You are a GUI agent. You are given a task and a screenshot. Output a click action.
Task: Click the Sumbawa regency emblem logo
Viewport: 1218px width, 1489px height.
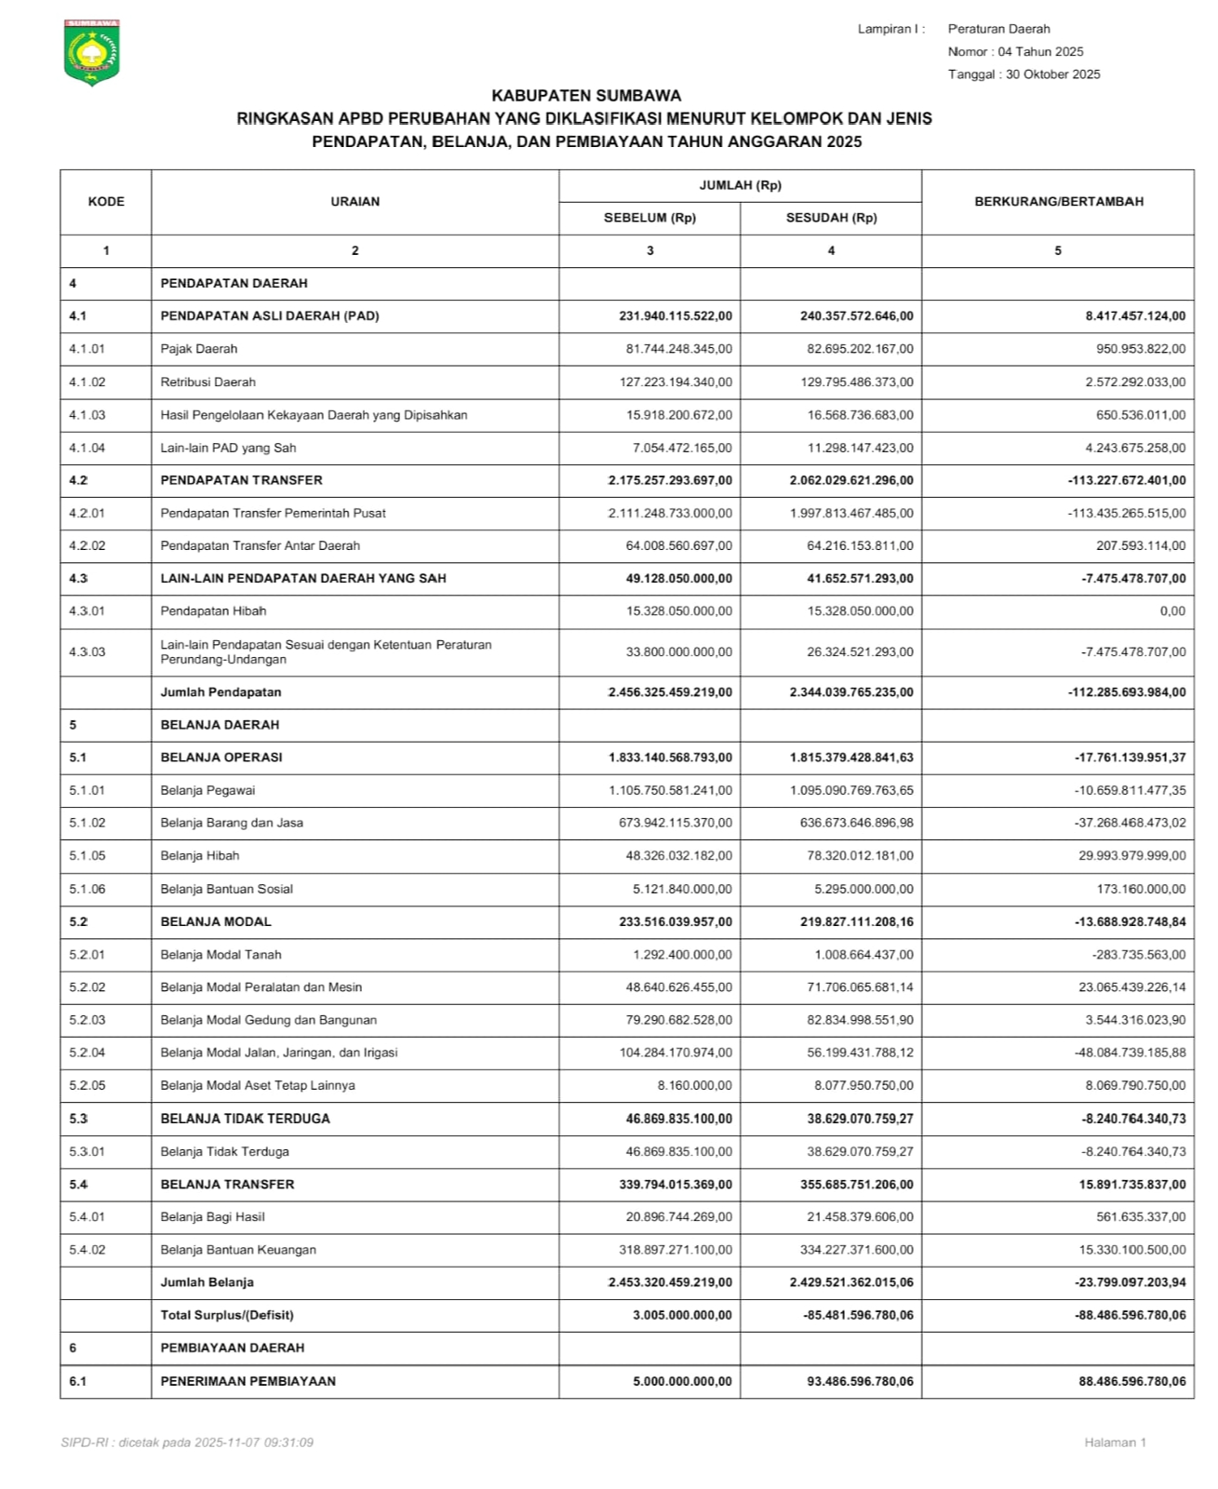coord(91,52)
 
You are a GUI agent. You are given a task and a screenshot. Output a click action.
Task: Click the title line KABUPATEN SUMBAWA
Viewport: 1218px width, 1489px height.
coord(585,96)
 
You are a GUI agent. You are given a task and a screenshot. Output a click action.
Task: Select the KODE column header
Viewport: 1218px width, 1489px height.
coord(106,202)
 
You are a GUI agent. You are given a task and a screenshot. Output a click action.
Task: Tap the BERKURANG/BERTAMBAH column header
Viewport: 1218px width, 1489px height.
coord(1058,202)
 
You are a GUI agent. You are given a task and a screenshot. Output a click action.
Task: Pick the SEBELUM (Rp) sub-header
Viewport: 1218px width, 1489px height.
coord(649,219)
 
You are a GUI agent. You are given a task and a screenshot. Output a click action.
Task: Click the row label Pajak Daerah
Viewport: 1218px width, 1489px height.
coord(198,349)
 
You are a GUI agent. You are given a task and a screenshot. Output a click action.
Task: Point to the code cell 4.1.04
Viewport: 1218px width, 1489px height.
coord(87,448)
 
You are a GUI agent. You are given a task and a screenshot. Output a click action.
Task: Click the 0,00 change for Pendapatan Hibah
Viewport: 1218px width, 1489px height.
coord(1172,611)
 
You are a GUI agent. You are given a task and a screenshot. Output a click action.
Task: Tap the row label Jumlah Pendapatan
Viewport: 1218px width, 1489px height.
coord(221,692)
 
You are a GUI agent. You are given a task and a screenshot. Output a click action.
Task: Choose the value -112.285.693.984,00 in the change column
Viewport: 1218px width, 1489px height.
coord(1126,692)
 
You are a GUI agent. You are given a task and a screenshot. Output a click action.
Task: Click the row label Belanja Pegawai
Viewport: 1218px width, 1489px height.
coord(207,790)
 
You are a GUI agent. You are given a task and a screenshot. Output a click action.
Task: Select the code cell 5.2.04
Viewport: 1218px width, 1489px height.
coord(87,1053)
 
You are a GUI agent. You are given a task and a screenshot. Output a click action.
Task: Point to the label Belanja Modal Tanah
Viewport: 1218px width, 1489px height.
coord(221,955)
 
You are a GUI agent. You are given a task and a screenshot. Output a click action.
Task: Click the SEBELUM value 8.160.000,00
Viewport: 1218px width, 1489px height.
coord(694,1085)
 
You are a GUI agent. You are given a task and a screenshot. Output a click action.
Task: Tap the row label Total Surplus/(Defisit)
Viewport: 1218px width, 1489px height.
coord(226,1315)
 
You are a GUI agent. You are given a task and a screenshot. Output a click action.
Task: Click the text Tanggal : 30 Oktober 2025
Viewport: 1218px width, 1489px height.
coord(1024,74)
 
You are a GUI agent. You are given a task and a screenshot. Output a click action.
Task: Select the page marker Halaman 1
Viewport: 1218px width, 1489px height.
coord(1115,1442)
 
